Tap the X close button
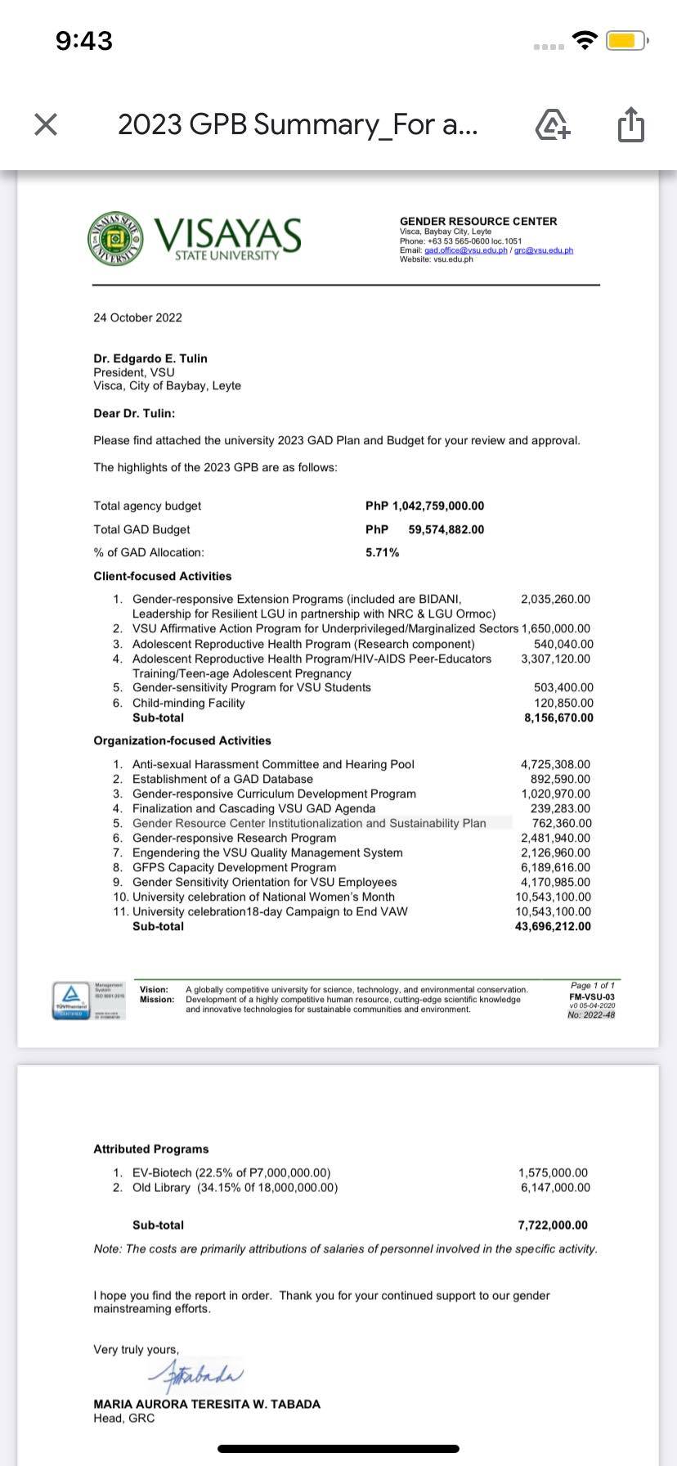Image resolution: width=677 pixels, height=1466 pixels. point(47,125)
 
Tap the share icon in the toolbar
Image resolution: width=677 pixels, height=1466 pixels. point(630,125)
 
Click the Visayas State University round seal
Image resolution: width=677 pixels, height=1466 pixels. point(115,238)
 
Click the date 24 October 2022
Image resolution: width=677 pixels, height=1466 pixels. point(137,317)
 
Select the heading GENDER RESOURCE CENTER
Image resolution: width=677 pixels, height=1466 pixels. point(477,221)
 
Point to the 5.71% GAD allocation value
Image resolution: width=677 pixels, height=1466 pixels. point(382,553)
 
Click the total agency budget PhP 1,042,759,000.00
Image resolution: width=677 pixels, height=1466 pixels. point(424,506)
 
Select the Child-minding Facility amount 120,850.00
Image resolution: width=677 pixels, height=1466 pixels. point(563,703)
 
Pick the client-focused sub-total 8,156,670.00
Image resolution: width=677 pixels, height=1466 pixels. point(558,718)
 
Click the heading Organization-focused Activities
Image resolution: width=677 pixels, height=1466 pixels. point(182,741)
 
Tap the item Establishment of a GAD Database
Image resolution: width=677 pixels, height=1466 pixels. point(222,780)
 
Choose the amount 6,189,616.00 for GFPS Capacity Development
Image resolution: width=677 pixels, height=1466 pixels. point(555,868)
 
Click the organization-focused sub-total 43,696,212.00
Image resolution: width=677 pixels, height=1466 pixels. point(553,927)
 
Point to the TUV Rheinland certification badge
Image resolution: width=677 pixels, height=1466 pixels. point(71,1000)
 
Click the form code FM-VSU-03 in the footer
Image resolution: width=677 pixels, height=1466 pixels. point(592,997)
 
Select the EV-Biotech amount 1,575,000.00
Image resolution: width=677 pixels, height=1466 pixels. point(554,1173)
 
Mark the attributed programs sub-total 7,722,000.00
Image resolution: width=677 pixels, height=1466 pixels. point(553,1225)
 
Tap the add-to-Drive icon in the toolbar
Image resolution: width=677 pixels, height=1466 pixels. point(553,125)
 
